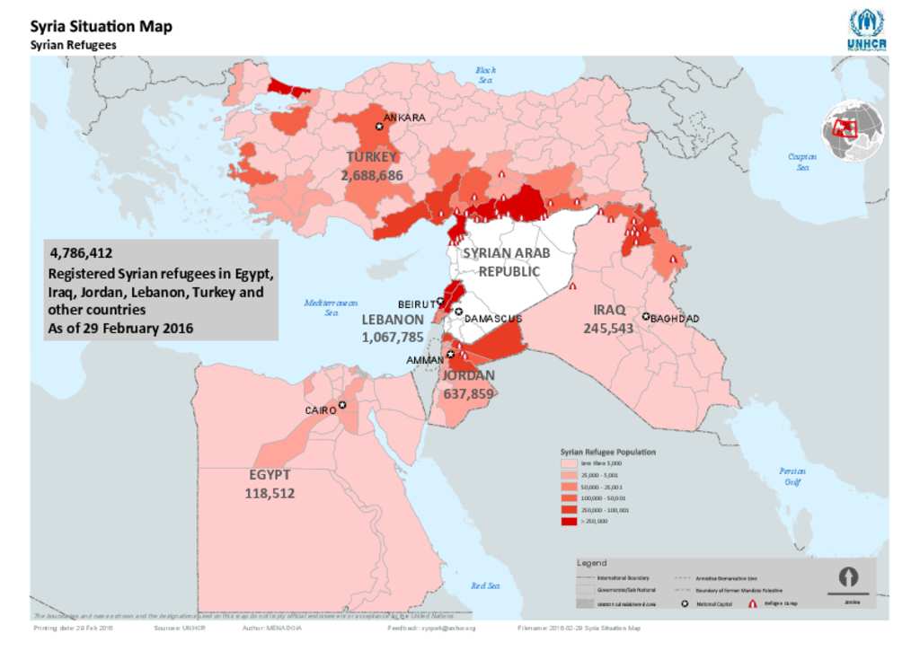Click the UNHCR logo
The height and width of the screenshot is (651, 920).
pyautogui.click(x=866, y=30)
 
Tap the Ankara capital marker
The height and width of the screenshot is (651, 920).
pyautogui.click(x=379, y=127)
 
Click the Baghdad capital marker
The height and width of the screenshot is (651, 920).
pyautogui.click(x=645, y=317)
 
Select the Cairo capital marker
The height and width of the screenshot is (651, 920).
pyautogui.click(x=341, y=405)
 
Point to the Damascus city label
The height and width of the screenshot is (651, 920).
pyautogui.click(x=493, y=319)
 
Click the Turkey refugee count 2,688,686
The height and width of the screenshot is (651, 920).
pyautogui.click(x=372, y=176)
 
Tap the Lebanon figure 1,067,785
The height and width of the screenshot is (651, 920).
pyautogui.click(x=393, y=338)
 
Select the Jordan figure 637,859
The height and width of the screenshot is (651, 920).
pyautogui.click(x=468, y=393)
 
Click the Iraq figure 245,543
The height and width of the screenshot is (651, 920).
pyautogui.click(x=608, y=329)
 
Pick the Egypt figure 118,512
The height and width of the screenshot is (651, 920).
pyautogui.click(x=270, y=493)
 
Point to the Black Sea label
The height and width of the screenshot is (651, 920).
pyautogui.click(x=485, y=75)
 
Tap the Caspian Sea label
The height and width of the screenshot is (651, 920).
pyautogui.click(x=802, y=162)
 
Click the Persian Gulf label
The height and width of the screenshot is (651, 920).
pyautogui.click(x=792, y=476)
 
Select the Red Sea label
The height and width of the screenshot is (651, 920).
pyautogui.click(x=485, y=585)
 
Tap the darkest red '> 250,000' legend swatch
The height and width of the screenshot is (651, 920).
pyautogui.click(x=569, y=520)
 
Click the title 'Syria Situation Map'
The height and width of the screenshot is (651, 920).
pyautogui.click(x=102, y=27)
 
